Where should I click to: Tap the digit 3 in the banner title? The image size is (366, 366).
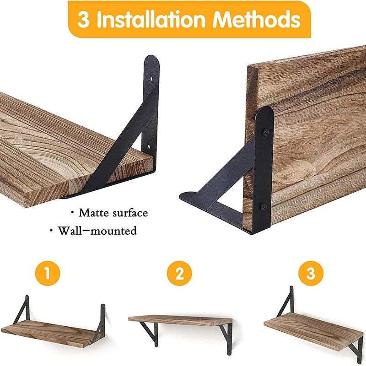coord(83,21)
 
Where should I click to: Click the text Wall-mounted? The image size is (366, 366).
coord(97,231)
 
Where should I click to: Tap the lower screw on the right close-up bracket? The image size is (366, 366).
coord(265,207)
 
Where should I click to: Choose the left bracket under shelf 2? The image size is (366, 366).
coord(151,333)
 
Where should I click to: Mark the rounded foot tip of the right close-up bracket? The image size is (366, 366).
coord(184,197)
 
